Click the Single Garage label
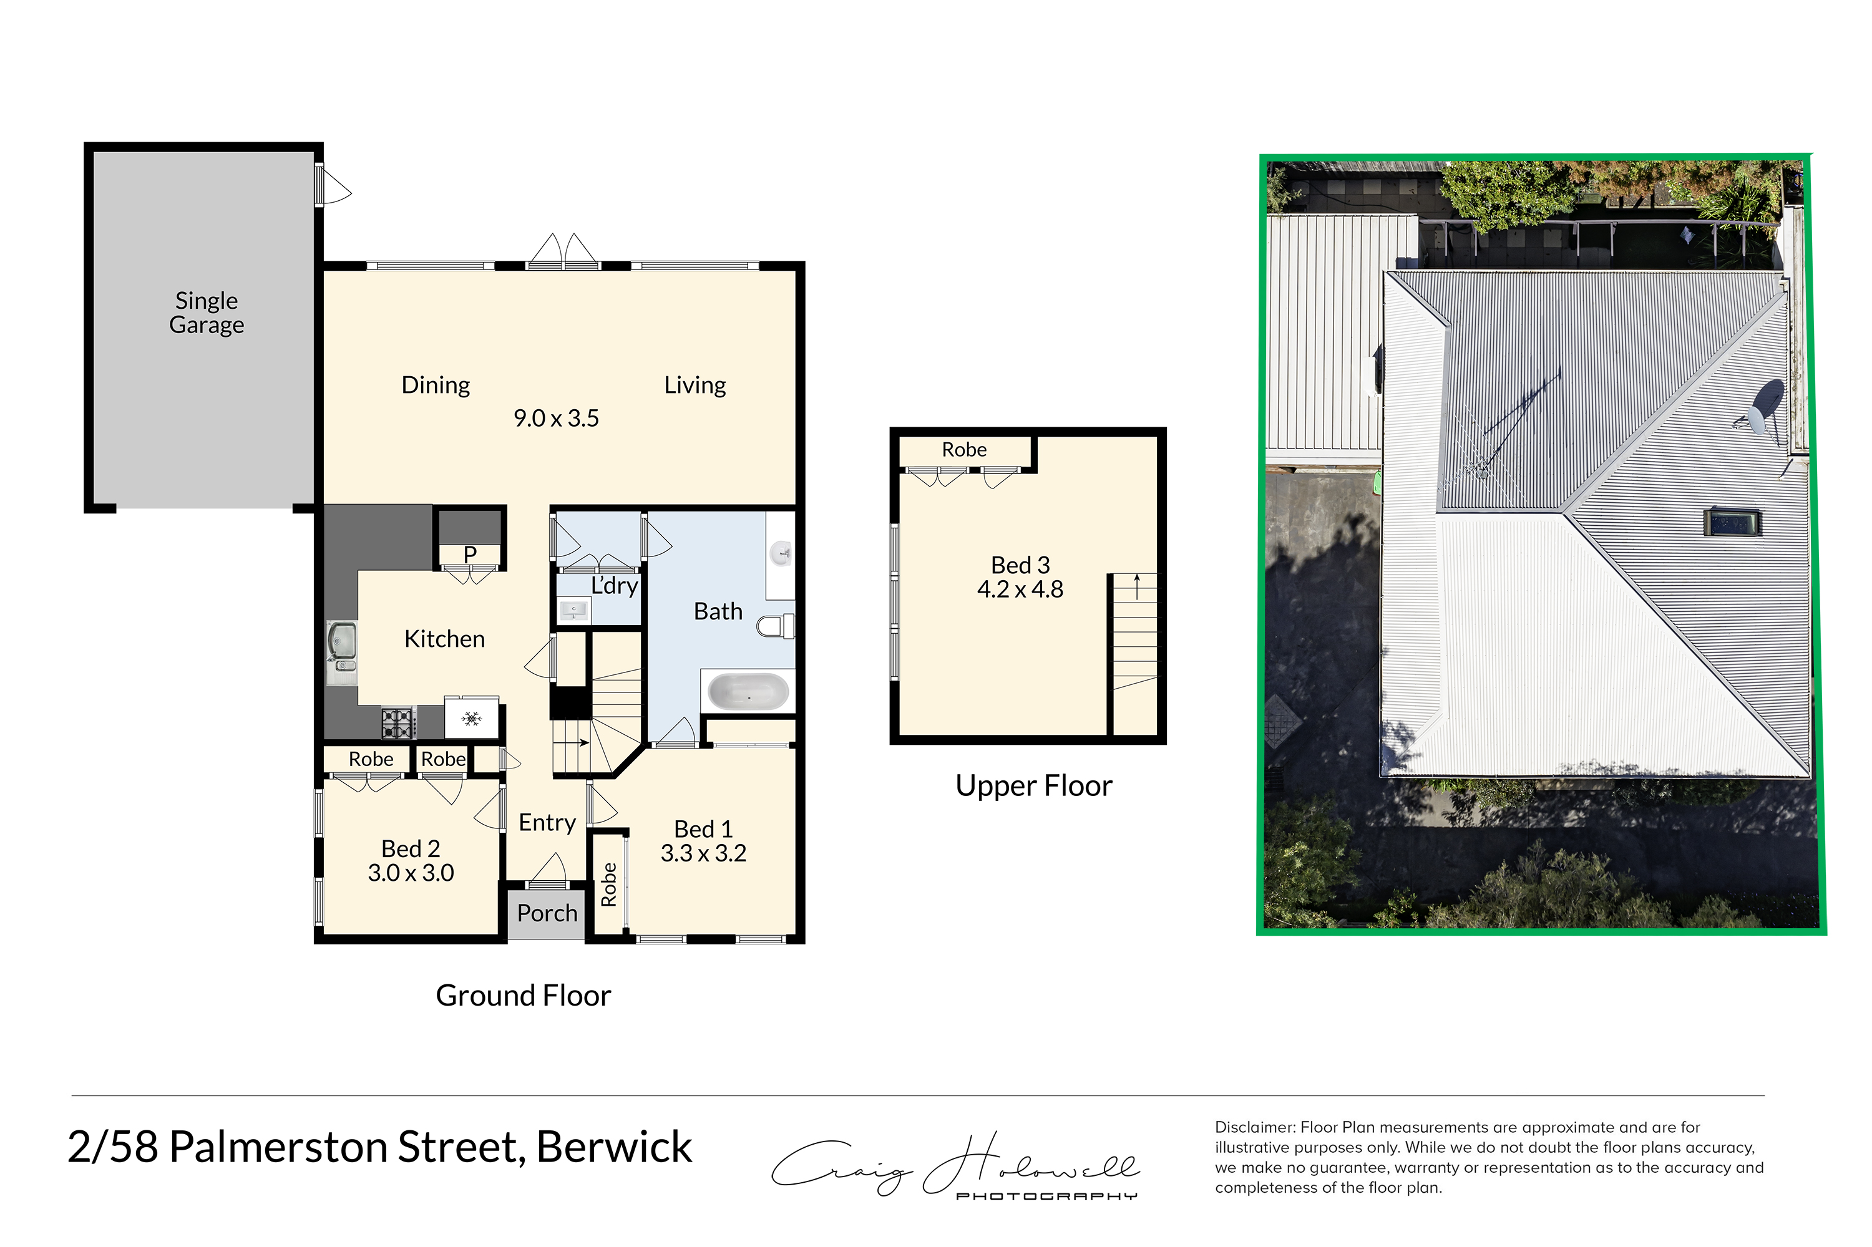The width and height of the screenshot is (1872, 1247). (206, 313)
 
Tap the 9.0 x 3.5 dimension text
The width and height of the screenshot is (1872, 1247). (555, 419)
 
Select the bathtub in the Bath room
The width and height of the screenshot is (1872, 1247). (748, 691)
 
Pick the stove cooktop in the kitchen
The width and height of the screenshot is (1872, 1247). (397, 723)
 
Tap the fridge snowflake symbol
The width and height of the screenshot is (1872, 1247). (471, 719)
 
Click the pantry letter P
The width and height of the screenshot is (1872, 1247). (470, 555)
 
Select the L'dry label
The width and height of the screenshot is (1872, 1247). (614, 586)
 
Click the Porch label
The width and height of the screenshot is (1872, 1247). (547, 913)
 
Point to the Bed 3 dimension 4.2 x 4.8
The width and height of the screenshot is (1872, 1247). (1020, 590)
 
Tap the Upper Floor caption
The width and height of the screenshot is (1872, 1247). (1033, 786)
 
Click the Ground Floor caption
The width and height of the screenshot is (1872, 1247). (523, 996)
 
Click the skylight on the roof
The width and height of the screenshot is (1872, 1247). (1732, 523)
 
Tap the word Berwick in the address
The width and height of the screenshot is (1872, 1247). (613, 1147)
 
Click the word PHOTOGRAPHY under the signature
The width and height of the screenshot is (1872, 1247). (1046, 1196)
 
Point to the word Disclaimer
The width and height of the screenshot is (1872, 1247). (1255, 1128)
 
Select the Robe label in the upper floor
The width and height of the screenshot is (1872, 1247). (964, 450)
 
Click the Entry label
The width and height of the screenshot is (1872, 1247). (547, 823)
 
